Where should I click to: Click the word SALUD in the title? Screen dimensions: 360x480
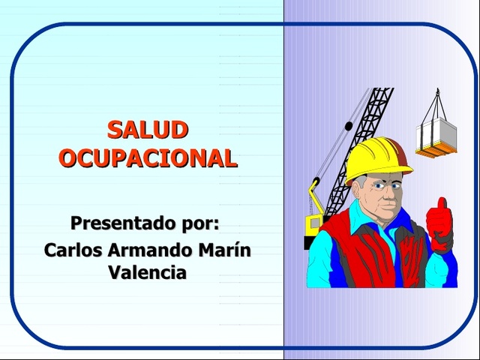point(147,130)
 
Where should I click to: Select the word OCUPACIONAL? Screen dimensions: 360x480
point(148,158)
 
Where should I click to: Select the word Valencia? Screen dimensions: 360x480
point(147,272)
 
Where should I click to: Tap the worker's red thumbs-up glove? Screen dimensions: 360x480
point(439,224)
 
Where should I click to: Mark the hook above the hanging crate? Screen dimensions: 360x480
point(437,94)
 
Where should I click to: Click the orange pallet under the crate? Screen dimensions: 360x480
point(437,152)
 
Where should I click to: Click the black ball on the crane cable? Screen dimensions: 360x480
point(346,126)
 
